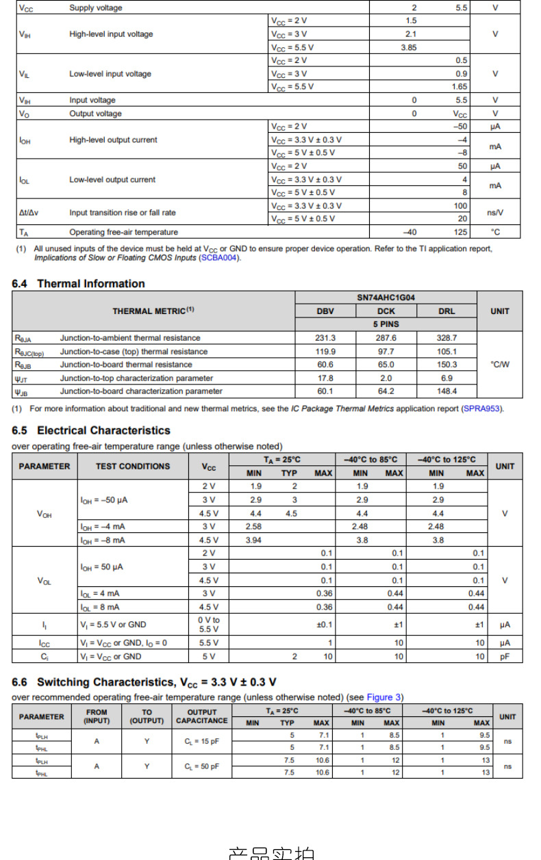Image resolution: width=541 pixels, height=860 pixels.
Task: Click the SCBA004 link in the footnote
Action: pyautogui.click(x=220, y=258)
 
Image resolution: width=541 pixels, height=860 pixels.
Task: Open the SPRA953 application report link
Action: pyautogui.click(x=482, y=408)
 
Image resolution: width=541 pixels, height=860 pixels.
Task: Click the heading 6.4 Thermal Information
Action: pyautogui.click(x=79, y=283)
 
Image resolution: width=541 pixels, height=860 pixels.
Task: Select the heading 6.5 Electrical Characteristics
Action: pyautogui.click(x=91, y=430)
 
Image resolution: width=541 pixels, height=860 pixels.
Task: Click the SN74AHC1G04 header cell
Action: pyautogui.click(x=386, y=298)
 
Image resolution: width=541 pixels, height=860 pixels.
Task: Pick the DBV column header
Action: pyautogui.click(x=325, y=311)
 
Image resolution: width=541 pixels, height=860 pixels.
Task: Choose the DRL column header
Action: pyautogui.click(x=446, y=311)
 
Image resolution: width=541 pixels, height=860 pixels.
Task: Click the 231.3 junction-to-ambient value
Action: pyautogui.click(x=325, y=338)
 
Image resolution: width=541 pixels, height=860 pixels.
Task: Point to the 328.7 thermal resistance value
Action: pyautogui.click(x=446, y=338)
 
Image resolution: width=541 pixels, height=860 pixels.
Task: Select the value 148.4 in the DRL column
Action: pyautogui.click(x=446, y=391)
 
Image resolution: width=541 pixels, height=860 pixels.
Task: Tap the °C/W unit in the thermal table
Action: pyautogui.click(x=500, y=365)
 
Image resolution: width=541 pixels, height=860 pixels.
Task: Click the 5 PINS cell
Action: pyautogui.click(x=386, y=324)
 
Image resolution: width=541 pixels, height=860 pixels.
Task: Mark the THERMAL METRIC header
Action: pyautogui.click(x=153, y=311)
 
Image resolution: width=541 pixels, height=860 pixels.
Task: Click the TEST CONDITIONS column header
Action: pyautogui.click(x=133, y=466)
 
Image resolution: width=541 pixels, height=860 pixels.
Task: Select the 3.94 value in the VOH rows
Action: pyautogui.click(x=253, y=540)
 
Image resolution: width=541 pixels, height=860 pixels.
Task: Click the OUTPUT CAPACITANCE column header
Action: pyautogui.click(x=202, y=716)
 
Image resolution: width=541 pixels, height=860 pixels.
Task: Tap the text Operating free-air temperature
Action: pyautogui.click(x=123, y=232)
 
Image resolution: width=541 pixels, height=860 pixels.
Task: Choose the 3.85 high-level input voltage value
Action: pyautogui.click(x=409, y=47)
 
